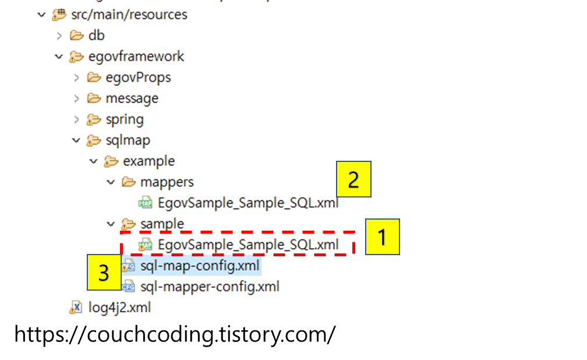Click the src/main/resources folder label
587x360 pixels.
[x=129, y=15]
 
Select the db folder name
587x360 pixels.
[x=97, y=36]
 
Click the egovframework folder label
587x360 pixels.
[x=136, y=57]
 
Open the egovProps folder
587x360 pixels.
[x=138, y=77]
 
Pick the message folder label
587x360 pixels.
[x=132, y=98]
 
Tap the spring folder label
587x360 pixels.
[x=125, y=119]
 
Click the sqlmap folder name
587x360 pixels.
[x=128, y=140]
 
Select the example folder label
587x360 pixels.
[x=148, y=161]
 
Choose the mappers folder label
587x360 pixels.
[x=167, y=182]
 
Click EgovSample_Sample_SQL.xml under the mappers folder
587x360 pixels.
[x=247, y=203]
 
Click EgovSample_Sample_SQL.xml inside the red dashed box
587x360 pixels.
[x=247, y=245]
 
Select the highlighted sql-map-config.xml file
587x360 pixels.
[x=200, y=266]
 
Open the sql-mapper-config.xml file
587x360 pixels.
[x=210, y=287]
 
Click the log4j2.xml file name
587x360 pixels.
[x=119, y=308]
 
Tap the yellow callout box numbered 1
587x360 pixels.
[x=382, y=237]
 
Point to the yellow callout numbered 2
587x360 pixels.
[x=353, y=179]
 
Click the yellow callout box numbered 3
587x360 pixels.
[x=104, y=273]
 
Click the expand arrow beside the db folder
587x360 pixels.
[x=59, y=36]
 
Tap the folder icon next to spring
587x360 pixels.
[x=93, y=120]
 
